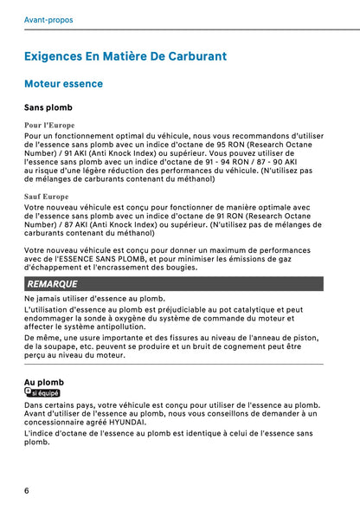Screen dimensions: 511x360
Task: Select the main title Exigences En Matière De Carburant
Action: [x=125, y=56]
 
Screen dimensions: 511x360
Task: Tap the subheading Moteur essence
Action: [x=64, y=84]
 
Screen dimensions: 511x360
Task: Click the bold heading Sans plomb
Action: [x=48, y=109]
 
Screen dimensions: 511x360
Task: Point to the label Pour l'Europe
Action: [x=49, y=126]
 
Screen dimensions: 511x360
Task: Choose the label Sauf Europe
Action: [x=46, y=197]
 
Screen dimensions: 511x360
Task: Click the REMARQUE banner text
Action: [x=52, y=284]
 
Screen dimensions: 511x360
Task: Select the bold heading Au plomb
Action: [x=43, y=382]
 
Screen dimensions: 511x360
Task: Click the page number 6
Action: [x=27, y=490]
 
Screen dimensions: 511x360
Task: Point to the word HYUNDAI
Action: [x=126, y=422]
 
